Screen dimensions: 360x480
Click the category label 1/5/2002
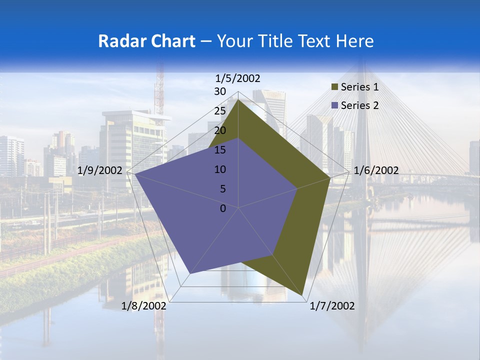click(238, 78)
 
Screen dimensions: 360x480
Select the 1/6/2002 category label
click(376, 170)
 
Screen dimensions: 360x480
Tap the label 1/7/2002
click(332, 306)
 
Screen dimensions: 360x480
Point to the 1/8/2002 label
click(144, 306)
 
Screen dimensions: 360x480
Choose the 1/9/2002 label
click(100, 170)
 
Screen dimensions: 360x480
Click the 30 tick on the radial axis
click(220, 91)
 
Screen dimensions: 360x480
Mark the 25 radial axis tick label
click(220, 111)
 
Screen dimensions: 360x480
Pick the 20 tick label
click(220, 130)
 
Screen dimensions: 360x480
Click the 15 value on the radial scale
click(220, 150)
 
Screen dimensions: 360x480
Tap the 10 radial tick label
click(220, 169)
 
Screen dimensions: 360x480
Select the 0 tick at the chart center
click(223, 208)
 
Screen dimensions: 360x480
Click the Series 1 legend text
click(359, 87)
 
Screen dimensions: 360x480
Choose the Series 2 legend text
click(359, 105)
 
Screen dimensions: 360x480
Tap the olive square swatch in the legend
click(334, 87)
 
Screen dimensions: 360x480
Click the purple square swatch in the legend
click(334, 106)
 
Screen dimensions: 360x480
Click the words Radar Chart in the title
click(146, 41)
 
